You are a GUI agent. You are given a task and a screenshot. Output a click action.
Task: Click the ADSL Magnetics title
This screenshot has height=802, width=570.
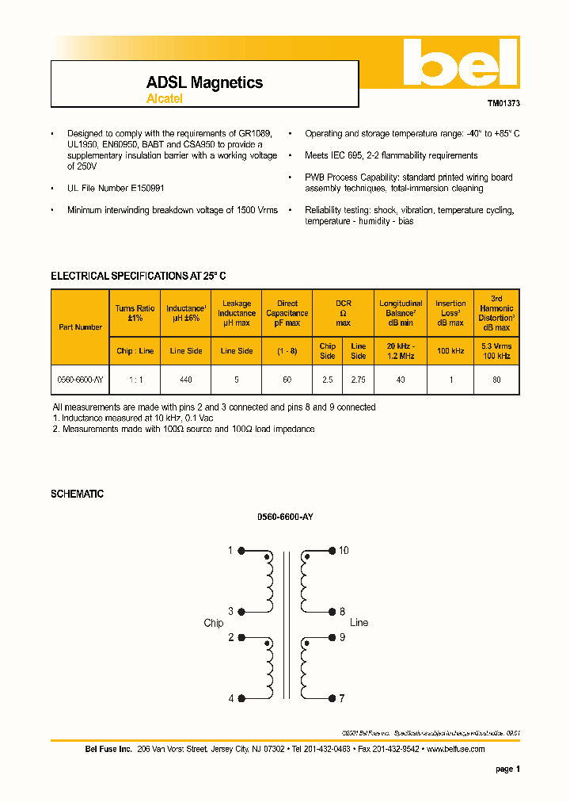[x=204, y=82]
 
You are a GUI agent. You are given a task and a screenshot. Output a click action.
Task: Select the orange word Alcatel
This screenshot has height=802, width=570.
[x=165, y=99]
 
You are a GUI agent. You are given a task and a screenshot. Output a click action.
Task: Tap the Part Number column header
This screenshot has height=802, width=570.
[x=80, y=327]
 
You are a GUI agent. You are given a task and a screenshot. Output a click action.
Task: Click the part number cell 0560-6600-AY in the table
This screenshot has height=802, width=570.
[x=80, y=380]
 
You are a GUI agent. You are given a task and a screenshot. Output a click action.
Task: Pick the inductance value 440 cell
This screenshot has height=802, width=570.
[x=186, y=380]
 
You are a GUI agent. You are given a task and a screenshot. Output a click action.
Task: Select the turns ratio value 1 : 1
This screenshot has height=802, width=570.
[x=135, y=380]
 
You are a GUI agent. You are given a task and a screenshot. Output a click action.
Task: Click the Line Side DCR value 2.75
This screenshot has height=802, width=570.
[x=359, y=380]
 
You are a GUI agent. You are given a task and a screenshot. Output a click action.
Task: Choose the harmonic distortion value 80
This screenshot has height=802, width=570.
[x=496, y=380]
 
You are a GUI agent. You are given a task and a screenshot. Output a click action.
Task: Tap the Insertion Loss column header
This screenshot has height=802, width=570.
[x=450, y=313]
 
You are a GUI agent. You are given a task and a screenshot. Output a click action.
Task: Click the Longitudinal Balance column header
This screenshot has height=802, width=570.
[x=401, y=313]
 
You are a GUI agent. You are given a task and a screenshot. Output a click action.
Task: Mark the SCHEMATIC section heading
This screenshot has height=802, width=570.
[x=77, y=494]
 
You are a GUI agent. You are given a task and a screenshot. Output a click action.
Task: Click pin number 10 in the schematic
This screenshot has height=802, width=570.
[x=344, y=551]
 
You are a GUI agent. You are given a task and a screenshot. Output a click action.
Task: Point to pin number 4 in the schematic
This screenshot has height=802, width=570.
[x=231, y=699]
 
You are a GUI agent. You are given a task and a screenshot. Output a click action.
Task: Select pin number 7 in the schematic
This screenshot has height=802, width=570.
[x=342, y=699]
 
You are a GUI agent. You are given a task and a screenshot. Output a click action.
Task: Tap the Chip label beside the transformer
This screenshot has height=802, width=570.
[x=214, y=623]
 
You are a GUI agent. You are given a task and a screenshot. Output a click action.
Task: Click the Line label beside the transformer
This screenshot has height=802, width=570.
[x=359, y=623]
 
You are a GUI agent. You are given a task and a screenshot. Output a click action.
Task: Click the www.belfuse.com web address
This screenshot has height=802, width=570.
[x=455, y=749]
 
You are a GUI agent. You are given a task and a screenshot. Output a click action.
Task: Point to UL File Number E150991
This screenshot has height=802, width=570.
[x=116, y=188]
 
